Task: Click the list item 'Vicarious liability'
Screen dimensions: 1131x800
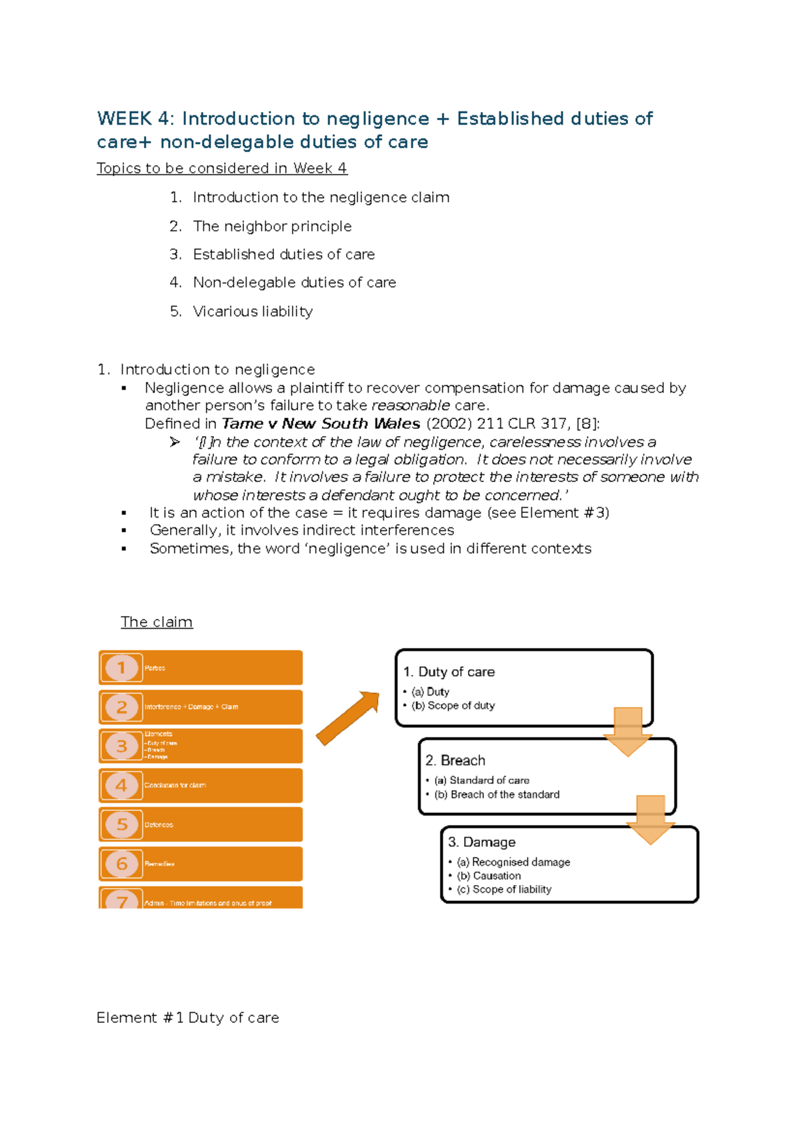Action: coord(252,311)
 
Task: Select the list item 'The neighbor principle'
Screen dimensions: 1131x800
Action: coord(272,226)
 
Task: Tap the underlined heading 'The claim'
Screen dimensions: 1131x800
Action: coord(157,622)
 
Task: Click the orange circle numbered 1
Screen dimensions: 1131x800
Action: coord(121,668)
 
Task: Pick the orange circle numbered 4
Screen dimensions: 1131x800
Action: coord(121,786)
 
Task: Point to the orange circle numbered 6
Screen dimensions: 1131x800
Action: coord(121,864)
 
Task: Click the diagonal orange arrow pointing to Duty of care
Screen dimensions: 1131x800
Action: coord(347,718)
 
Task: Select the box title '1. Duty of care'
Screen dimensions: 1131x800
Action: coord(449,672)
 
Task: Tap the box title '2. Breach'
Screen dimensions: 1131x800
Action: coord(455,760)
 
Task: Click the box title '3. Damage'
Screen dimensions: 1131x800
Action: coord(481,842)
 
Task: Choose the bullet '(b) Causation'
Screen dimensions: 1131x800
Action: coord(489,876)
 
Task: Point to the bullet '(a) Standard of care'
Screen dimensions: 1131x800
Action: coord(482,780)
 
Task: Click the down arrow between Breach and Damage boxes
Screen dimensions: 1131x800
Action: coord(651,820)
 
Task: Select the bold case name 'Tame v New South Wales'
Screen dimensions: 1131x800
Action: coord(321,424)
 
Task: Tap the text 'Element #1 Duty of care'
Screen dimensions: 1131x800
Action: coord(187,1018)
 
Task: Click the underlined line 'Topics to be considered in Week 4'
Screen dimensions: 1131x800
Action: coord(221,168)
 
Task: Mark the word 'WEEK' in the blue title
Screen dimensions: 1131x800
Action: coord(124,119)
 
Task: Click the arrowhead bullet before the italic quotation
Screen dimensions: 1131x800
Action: coord(175,442)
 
